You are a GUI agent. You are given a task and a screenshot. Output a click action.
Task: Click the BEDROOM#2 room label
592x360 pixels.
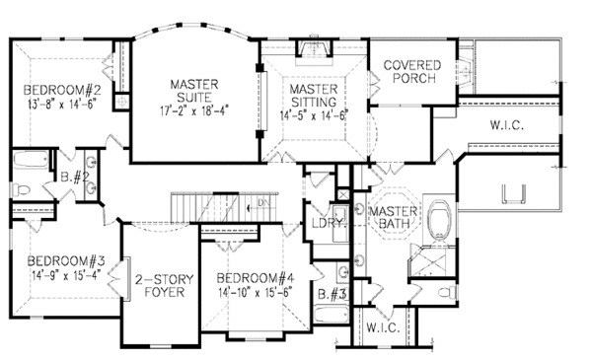point(62,90)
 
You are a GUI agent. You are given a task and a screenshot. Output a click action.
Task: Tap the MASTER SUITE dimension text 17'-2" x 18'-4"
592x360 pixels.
point(194,110)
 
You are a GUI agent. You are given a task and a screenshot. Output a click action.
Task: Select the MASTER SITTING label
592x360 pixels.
point(314,96)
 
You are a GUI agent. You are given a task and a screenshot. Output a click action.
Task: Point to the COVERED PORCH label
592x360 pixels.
point(412,72)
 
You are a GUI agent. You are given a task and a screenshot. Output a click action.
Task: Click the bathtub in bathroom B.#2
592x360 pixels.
point(32,161)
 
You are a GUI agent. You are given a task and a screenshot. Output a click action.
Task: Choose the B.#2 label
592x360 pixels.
point(75,177)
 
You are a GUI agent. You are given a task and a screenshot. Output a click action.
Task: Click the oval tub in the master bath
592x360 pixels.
point(439,220)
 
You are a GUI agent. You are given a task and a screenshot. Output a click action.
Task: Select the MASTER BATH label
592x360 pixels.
point(393,217)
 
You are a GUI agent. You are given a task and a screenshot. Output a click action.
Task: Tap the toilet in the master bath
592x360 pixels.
point(448,292)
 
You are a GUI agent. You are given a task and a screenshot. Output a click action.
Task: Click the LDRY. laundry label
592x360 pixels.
point(330,223)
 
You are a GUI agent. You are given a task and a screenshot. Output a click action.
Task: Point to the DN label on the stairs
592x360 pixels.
point(263,202)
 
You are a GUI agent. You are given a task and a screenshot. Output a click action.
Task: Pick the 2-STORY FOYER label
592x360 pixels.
point(165,286)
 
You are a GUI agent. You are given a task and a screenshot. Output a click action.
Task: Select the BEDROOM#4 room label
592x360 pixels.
point(256,278)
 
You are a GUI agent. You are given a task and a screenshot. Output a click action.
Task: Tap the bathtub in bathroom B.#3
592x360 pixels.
point(332,315)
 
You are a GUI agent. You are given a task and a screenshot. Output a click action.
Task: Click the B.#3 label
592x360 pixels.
point(333,294)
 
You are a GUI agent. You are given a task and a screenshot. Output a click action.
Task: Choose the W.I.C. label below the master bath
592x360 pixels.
point(383,327)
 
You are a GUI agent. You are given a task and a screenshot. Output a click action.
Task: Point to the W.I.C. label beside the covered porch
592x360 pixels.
point(507,125)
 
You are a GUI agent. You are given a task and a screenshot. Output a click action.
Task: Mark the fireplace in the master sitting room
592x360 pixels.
point(314,47)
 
